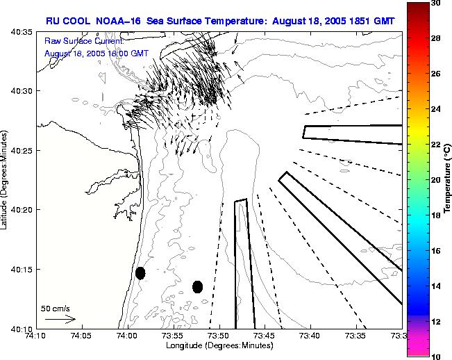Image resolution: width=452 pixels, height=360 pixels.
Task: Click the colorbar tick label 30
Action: click(x=435, y=3)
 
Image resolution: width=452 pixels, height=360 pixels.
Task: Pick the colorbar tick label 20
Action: click(x=435, y=180)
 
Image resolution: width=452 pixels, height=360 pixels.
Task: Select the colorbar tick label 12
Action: click(x=435, y=322)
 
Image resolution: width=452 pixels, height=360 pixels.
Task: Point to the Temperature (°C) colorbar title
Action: click(x=448, y=179)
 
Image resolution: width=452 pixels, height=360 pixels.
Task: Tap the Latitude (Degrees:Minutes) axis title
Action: click(x=6, y=180)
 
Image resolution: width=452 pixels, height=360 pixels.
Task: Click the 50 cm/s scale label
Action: click(x=56, y=308)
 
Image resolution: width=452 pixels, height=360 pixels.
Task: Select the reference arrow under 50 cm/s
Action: click(x=60, y=319)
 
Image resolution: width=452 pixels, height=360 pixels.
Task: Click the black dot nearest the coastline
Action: click(x=140, y=273)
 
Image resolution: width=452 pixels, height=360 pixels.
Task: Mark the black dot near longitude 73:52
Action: click(x=197, y=286)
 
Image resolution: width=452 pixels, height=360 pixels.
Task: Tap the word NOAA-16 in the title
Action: click(x=118, y=22)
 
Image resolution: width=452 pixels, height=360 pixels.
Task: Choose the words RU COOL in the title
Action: click(x=64, y=22)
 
